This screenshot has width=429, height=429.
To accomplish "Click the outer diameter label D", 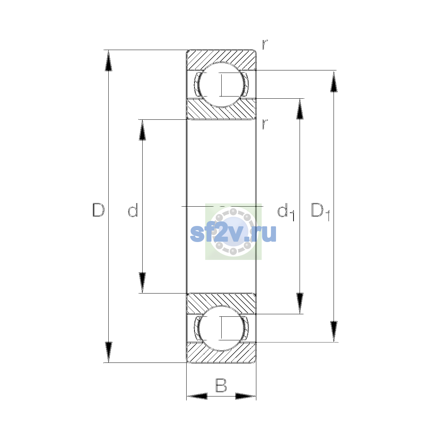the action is tap(98, 210).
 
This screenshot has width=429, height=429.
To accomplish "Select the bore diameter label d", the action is tap(133, 210).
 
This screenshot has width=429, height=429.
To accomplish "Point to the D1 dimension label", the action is tap(320, 212).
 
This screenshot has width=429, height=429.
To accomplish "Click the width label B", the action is tap(221, 385).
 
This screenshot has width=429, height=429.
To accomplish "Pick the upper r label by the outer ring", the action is tap(265, 44).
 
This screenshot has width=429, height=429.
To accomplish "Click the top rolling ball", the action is tap(221, 85).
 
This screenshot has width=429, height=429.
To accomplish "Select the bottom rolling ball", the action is tap(221, 328).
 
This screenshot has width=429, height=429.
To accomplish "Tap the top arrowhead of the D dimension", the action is tap(108, 60).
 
